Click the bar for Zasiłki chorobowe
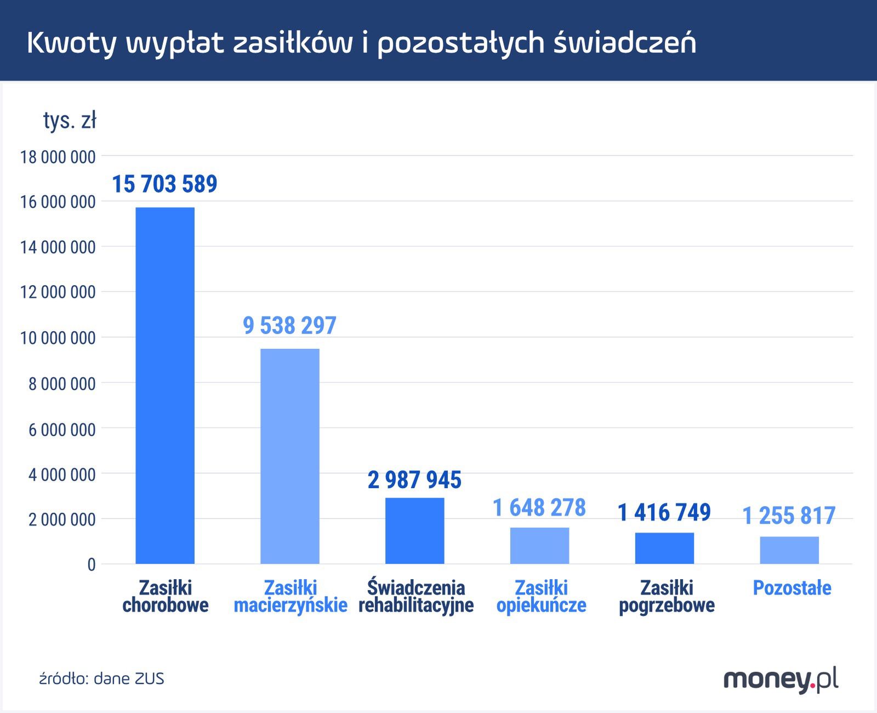[x=165, y=385]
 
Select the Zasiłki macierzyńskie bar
[x=289, y=456]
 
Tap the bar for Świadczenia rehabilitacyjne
[x=414, y=530]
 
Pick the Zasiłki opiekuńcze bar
[x=539, y=545]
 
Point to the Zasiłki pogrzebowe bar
[x=664, y=548]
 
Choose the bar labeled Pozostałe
[x=789, y=550]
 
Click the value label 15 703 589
[x=164, y=184]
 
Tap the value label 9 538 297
[x=289, y=325]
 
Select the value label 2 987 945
[x=414, y=480]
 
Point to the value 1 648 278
[x=539, y=507]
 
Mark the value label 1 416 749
[x=664, y=512]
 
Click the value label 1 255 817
[x=789, y=516]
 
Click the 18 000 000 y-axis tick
[x=58, y=157]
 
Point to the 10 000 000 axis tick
[x=58, y=338]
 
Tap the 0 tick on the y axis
[x=91, y=565]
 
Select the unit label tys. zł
[x=70, y=120]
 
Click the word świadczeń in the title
[x=625, y=43]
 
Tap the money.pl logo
[x=781, y=680]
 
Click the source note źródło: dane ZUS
[x=101, y=679]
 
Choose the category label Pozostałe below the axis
[x=791, y=588]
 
